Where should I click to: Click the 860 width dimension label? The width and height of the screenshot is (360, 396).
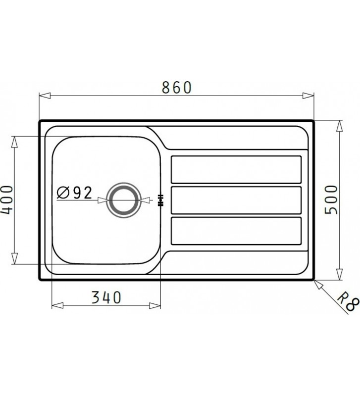177,87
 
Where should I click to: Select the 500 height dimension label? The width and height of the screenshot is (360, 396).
331,199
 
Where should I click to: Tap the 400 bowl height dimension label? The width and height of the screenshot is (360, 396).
6,199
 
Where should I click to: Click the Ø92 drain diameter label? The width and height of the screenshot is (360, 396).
75,193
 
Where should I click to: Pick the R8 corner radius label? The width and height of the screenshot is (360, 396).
348,301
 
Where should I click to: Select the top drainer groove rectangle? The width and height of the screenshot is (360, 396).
236,169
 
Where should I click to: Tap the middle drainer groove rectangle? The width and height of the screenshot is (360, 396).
236,199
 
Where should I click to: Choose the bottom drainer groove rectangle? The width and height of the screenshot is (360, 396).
236,230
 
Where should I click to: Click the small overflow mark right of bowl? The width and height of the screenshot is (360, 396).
160,201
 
